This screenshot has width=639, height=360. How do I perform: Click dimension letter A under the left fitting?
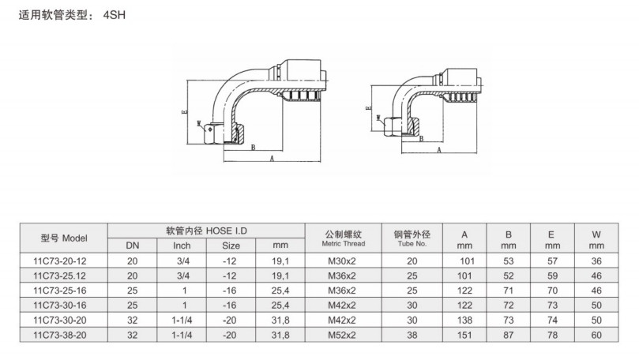coord(273,159)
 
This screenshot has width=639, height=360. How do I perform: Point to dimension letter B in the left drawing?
coord(252,147)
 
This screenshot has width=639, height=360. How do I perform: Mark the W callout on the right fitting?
coord(380,120)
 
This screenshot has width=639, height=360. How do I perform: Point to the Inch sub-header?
coord(182,246)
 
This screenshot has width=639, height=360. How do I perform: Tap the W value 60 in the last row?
coord(596,336)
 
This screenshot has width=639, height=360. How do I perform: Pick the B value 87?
coord(509,336)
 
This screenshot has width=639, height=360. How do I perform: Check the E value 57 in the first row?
coord(552,260)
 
